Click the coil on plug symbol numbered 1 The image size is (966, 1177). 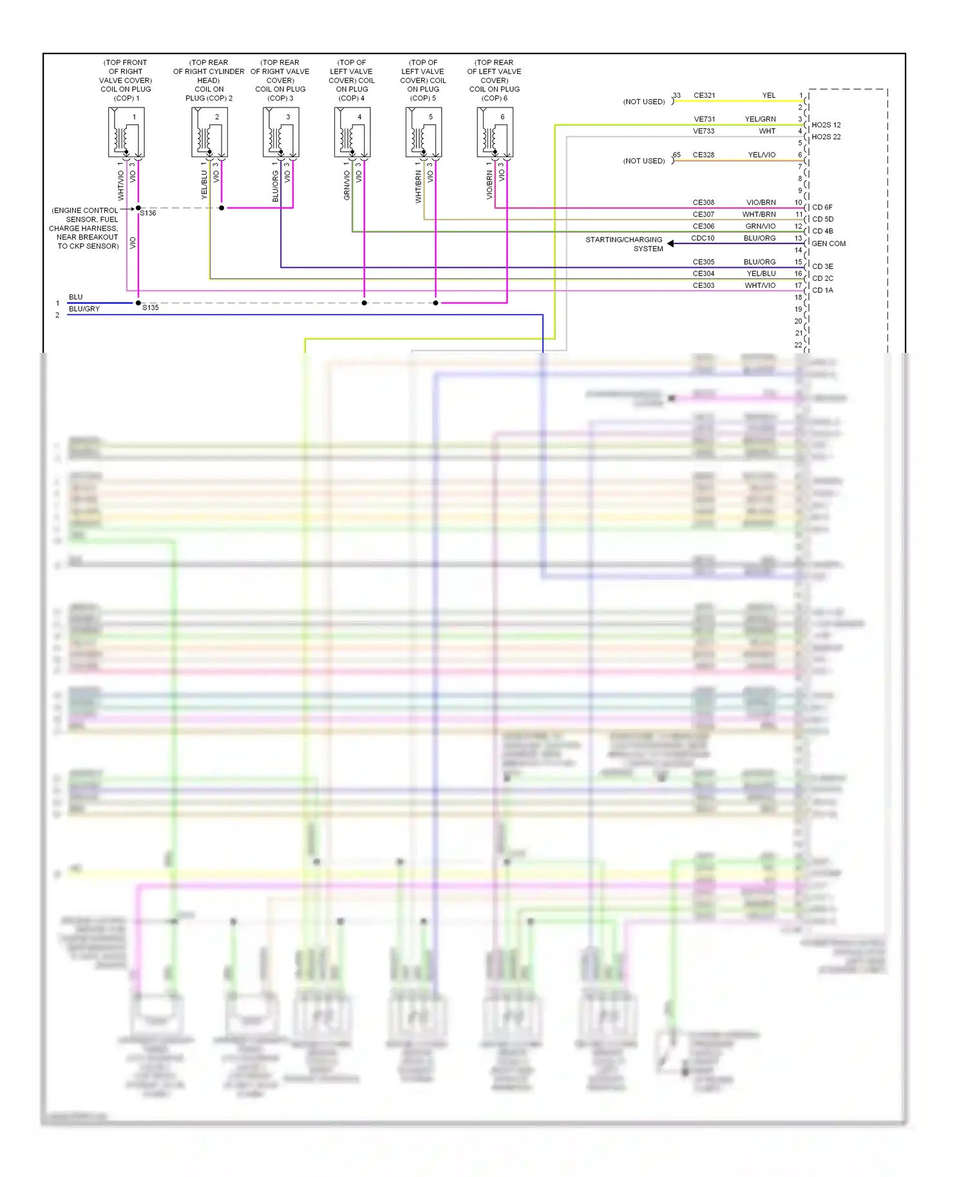coord(126,132)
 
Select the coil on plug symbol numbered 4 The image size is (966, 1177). coord(352,132)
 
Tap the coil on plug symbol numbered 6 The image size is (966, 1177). coord(495,132)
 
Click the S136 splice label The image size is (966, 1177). coord(148,213)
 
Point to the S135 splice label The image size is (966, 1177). coord(150,308)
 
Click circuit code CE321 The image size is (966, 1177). coord(704,95)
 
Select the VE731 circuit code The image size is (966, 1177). coord(704,119)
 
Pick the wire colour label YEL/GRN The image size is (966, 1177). coord(760,119)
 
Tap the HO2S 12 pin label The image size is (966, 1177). coord(826,125)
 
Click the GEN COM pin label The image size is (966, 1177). coord(828,243)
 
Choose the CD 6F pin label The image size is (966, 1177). coord(822,207)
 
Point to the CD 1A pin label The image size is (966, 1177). coord(822,290)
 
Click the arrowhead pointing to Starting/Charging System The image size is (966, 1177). coord(670,243)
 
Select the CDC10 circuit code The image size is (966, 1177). coord(703,238)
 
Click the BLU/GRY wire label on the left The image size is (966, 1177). coord(84,309)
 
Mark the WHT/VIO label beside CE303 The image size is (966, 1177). coord(760,285)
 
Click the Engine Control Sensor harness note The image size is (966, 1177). coord(84,228)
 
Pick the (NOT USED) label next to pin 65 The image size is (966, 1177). coord(643,161)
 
